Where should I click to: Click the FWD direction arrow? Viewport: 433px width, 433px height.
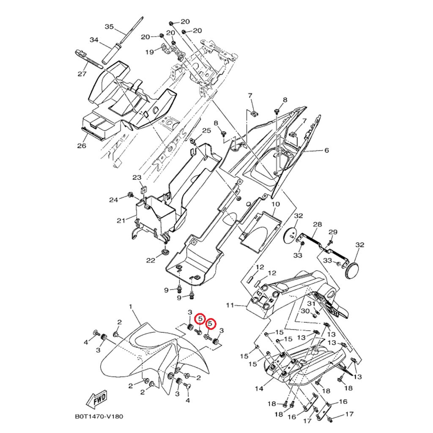(x=96, y=399)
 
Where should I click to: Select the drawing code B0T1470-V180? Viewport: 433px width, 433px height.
(x=99, y=416)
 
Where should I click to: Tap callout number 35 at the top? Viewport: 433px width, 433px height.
(x=109, y=27)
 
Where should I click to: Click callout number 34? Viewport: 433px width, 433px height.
(x=94, y=40)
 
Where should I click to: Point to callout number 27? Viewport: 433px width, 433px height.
(x=82, y=74)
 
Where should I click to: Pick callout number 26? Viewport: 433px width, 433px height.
(x=82, y=146)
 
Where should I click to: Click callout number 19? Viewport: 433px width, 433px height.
(x=150, y=52)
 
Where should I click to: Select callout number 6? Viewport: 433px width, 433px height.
(x=326, y=150)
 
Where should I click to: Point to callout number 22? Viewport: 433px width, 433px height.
(x=151, y=260)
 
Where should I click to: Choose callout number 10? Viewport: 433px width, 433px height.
(x=275, y=204)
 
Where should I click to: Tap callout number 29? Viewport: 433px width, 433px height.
(x=333, y=232)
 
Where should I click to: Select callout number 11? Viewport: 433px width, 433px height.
(x=230, y=305)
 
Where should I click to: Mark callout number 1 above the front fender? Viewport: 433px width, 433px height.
(x=130, y=306)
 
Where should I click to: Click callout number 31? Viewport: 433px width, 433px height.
(x=311, y=304)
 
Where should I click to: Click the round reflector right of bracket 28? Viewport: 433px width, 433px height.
(x=352, y=270)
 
